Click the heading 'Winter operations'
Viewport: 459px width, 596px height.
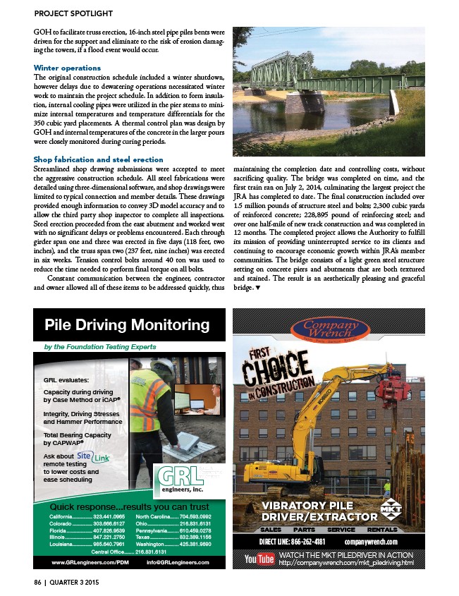tap(67, 68)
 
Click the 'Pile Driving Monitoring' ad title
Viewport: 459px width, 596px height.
tap(128, 325)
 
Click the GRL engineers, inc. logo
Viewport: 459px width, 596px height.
tap(182, 477)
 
